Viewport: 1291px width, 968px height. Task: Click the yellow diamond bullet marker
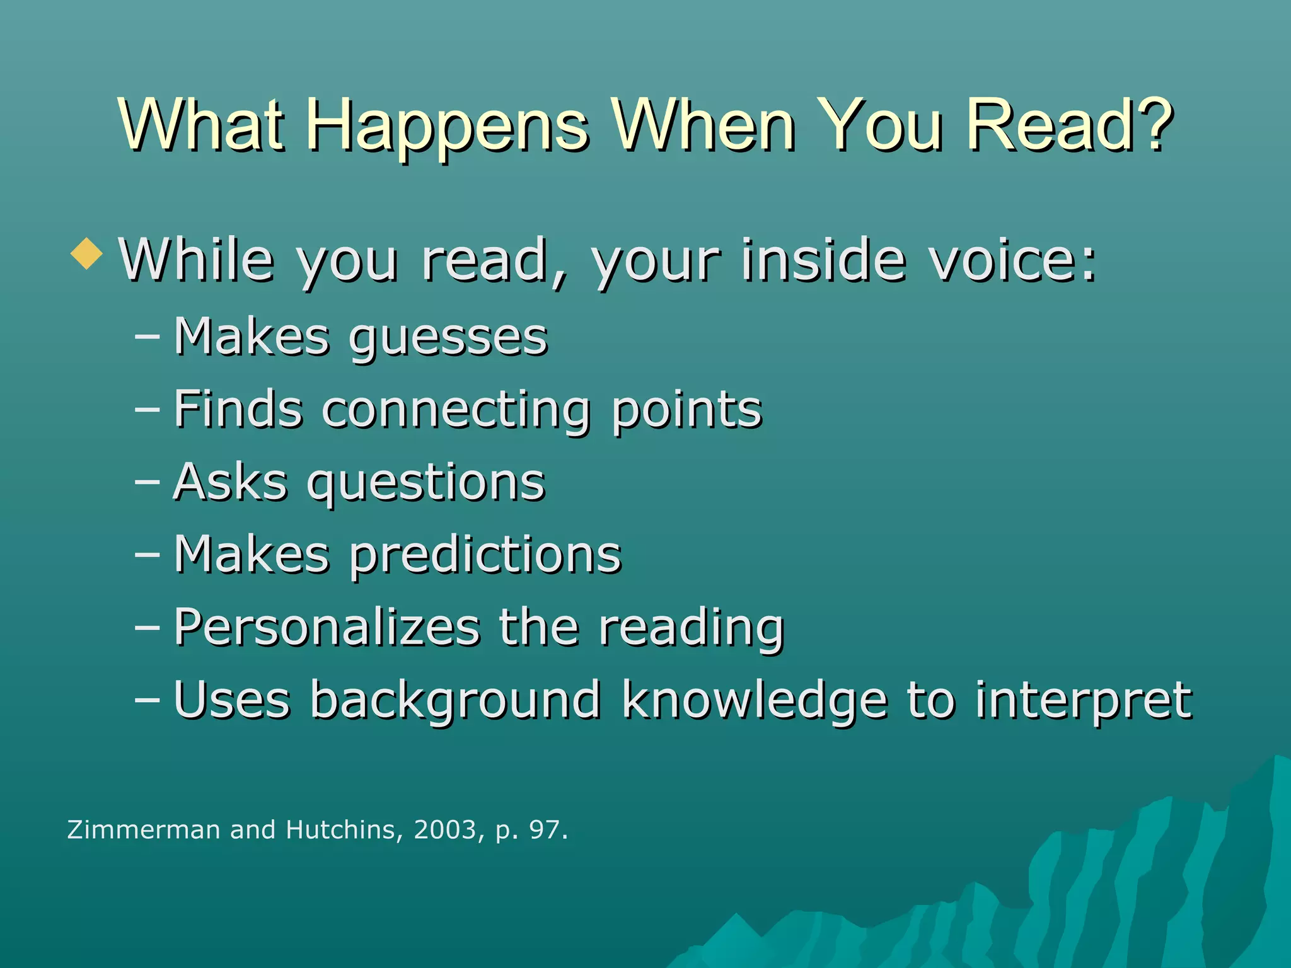(87, 254)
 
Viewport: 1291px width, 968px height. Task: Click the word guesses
(448, 339)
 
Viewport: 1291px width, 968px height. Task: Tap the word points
(687, 411)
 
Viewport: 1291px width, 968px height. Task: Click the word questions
(426, 484)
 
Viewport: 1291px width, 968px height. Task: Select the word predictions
(485, 556)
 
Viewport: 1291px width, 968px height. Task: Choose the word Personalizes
(327, 628)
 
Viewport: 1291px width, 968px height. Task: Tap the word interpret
(1083, 701)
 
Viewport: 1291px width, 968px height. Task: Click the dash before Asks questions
(147, 483)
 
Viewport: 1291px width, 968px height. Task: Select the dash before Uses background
(147, 700)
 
